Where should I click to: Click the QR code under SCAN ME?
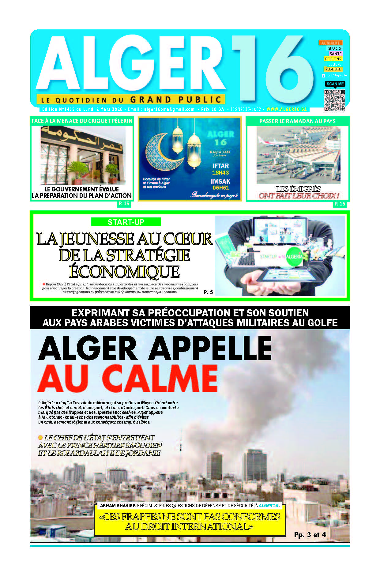[334, 100]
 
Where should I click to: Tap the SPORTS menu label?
[334, 48]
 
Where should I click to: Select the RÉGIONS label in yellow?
[333, 59]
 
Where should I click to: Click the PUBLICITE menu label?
[333, 69]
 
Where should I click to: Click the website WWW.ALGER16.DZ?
[287, 109]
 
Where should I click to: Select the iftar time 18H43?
[220, 173]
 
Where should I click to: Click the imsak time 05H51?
[220, 188]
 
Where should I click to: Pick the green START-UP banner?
[126, 222]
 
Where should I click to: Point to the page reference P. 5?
[208, 292]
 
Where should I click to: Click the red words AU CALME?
[128, 378]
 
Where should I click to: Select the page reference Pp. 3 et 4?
[310, 534]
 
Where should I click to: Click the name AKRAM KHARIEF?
[118, 506]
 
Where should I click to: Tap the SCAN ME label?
[335, 84]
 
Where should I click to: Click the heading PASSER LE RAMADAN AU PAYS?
[297, 121]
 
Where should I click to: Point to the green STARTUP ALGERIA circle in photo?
[294, 256]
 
